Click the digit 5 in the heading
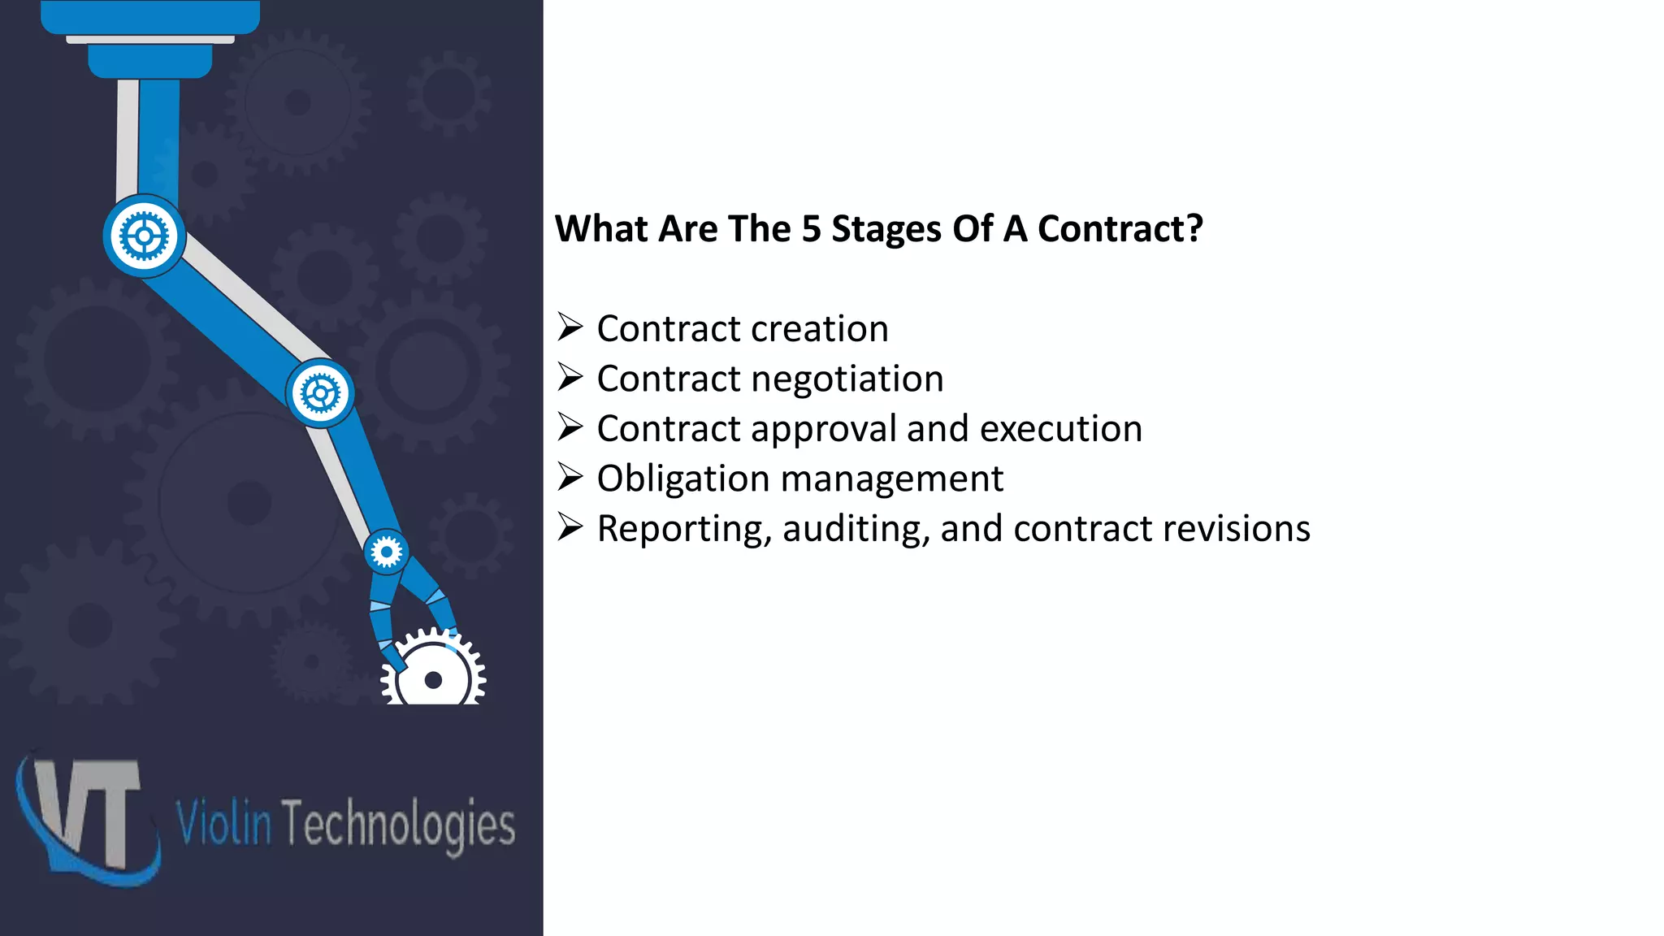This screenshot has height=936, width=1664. click(811, 229)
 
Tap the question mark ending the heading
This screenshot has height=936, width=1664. click(1194, 229)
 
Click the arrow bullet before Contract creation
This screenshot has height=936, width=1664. click(570, 327)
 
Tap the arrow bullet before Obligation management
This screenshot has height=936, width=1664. click(570, 478)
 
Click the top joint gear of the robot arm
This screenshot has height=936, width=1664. click(145, 236)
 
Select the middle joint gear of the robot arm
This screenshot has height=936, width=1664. click(320, 394)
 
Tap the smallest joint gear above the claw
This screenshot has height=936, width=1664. click(386, 552)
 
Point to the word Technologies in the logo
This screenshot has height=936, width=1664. click(398, 824)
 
